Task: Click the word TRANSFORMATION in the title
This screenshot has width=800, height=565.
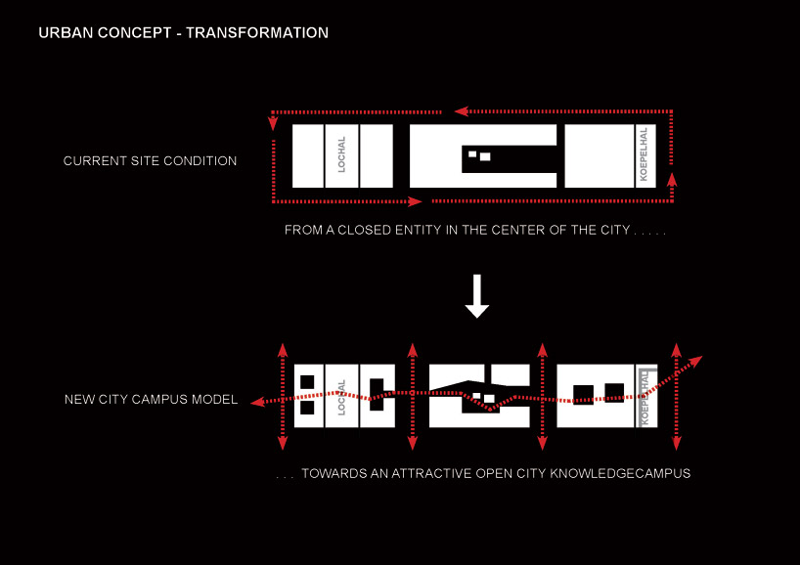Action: [257, 33]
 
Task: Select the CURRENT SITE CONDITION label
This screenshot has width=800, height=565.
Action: [150, 161]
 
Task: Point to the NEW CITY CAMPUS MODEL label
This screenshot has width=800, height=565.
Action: [151, 400]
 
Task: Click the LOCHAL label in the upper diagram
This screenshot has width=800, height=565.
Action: [341, 154]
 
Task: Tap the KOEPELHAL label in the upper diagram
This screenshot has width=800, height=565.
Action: [643, 154]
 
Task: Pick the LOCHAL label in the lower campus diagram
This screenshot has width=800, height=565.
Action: [341, 396]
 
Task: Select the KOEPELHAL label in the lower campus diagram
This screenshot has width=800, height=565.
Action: [644, 396]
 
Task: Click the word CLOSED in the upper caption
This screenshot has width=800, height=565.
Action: [387, 232]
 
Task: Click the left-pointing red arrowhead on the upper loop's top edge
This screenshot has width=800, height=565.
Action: [459, 111]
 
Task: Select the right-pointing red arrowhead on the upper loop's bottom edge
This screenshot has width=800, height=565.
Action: [417, 201]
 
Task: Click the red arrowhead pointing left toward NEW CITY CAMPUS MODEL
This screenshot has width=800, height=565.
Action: [255, 401]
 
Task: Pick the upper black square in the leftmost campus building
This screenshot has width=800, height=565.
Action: [307, 382]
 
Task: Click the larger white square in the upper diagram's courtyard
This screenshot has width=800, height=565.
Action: [484, 156]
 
